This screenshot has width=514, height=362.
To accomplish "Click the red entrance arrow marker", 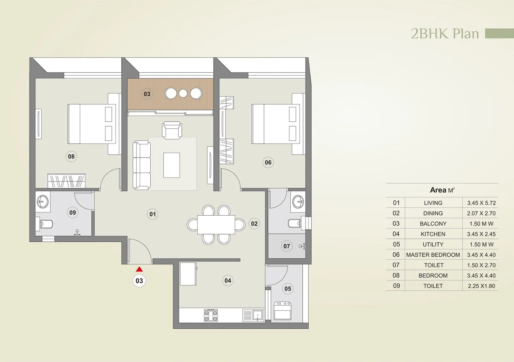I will pos(139,269).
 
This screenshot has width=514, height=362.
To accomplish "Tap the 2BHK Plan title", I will pos(445,34).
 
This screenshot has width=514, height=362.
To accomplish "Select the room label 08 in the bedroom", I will pos(71,157).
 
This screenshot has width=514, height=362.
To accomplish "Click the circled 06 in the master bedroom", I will pos(268,162).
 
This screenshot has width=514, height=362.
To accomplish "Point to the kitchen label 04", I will pos(228,280).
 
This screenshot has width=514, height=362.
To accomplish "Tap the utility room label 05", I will pos(288,289).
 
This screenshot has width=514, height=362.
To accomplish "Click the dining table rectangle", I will pos(216,225).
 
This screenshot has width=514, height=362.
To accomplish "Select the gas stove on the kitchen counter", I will pos(211,315).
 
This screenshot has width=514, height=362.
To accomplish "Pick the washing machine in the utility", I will pos(282,310).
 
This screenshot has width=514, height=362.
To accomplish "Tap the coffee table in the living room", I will pos(171,165).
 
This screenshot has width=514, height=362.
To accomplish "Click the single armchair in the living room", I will pos(172,130).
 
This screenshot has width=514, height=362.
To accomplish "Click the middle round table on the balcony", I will pos(183,93).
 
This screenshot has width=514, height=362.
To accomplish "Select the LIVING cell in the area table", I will pos(433,203).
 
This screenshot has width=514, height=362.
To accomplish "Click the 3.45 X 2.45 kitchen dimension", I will pos(481,234).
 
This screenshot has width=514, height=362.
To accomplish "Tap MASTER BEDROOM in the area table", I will pos(433,255).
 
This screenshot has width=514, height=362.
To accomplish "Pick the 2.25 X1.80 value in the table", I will pos(481,286).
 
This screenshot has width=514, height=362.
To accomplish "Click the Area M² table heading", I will pos(442,190).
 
